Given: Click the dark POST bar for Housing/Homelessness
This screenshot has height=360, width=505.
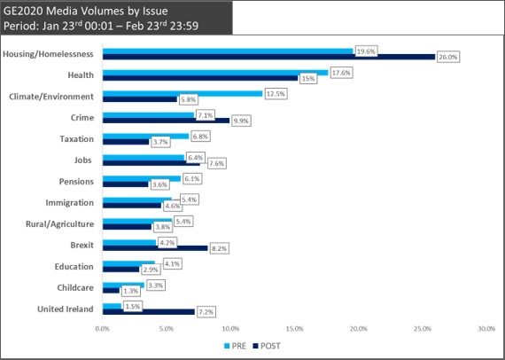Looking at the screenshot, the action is pyautogui.click(x=269, y=57).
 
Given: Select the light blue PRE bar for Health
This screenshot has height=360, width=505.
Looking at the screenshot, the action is pyautogui.click(x=215, y=73).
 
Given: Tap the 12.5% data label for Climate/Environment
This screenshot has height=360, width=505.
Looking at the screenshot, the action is pyautogui.click(x=276, y=94).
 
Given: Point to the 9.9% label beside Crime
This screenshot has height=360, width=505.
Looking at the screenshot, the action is pyautogui.click(x=241, y=121).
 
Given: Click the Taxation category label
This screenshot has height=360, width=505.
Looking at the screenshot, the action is pyautogui.click(x=77, y=139).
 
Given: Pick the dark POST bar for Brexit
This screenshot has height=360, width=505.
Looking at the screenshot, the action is pyautogui.click(x=155, y=248).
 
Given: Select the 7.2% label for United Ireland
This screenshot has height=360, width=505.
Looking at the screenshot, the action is pyautogui.click(x=206, y=312).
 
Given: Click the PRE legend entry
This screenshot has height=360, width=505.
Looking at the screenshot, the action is pyautogui.click(x=235, y=346).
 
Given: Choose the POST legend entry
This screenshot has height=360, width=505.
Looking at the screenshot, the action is pyautogui.click(x=267, y=346).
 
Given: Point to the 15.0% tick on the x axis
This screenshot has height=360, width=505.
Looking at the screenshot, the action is pyautogui.click(x=295, y=329).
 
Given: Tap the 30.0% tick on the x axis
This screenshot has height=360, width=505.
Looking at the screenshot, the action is pyautogui.click(x=486, y=329).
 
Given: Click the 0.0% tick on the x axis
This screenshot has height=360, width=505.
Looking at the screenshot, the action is pyautogui.click(x=103, y=329).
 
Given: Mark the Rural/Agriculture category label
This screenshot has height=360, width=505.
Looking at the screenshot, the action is pyautogui.click(x=60, y=224).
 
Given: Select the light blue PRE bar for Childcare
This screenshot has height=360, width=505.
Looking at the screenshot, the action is pyautogui.click(x=124, y=286).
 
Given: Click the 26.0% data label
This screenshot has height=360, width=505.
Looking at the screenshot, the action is pyautogui.click(x=448, y=58).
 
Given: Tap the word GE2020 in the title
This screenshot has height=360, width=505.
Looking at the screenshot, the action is pyautogui.click(x=24, y=12).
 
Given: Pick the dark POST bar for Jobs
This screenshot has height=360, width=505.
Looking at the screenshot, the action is pyautogui.click(x=151, y=163).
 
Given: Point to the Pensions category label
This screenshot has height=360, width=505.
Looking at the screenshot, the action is pyautogui.click(x=76, y=182).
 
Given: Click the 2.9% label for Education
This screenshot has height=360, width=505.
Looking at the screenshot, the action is pyautogui.click(x=150, y=270).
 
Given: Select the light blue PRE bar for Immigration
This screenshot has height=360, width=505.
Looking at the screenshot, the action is pyautogui.click(x=137, y=200).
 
